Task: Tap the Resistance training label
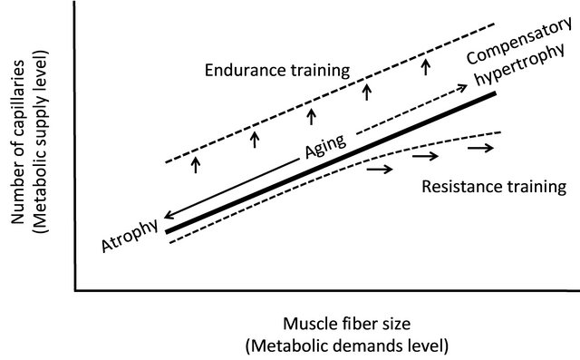[494, 188]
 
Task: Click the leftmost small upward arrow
[196, 164]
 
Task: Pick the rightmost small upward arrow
[425, 67]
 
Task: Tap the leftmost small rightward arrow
[382, 169]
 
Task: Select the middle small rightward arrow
[425, 157]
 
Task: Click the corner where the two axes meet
[74, 292]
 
